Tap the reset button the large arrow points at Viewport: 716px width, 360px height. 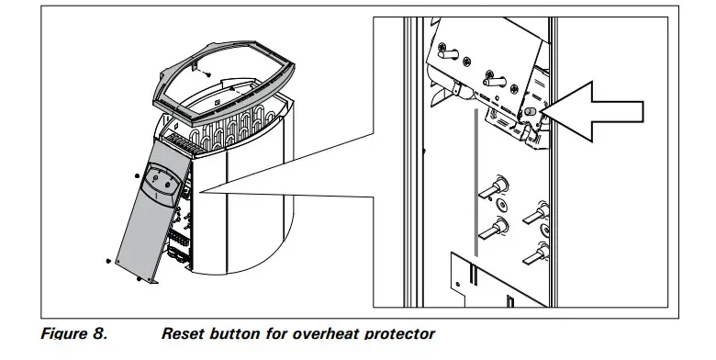pyautogui.click(x=530, y=112)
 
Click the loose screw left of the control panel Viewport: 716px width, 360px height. pyautogui.click(x=136, y=172)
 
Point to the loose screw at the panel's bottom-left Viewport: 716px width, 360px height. pyautogui.click(x=109, y=261)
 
